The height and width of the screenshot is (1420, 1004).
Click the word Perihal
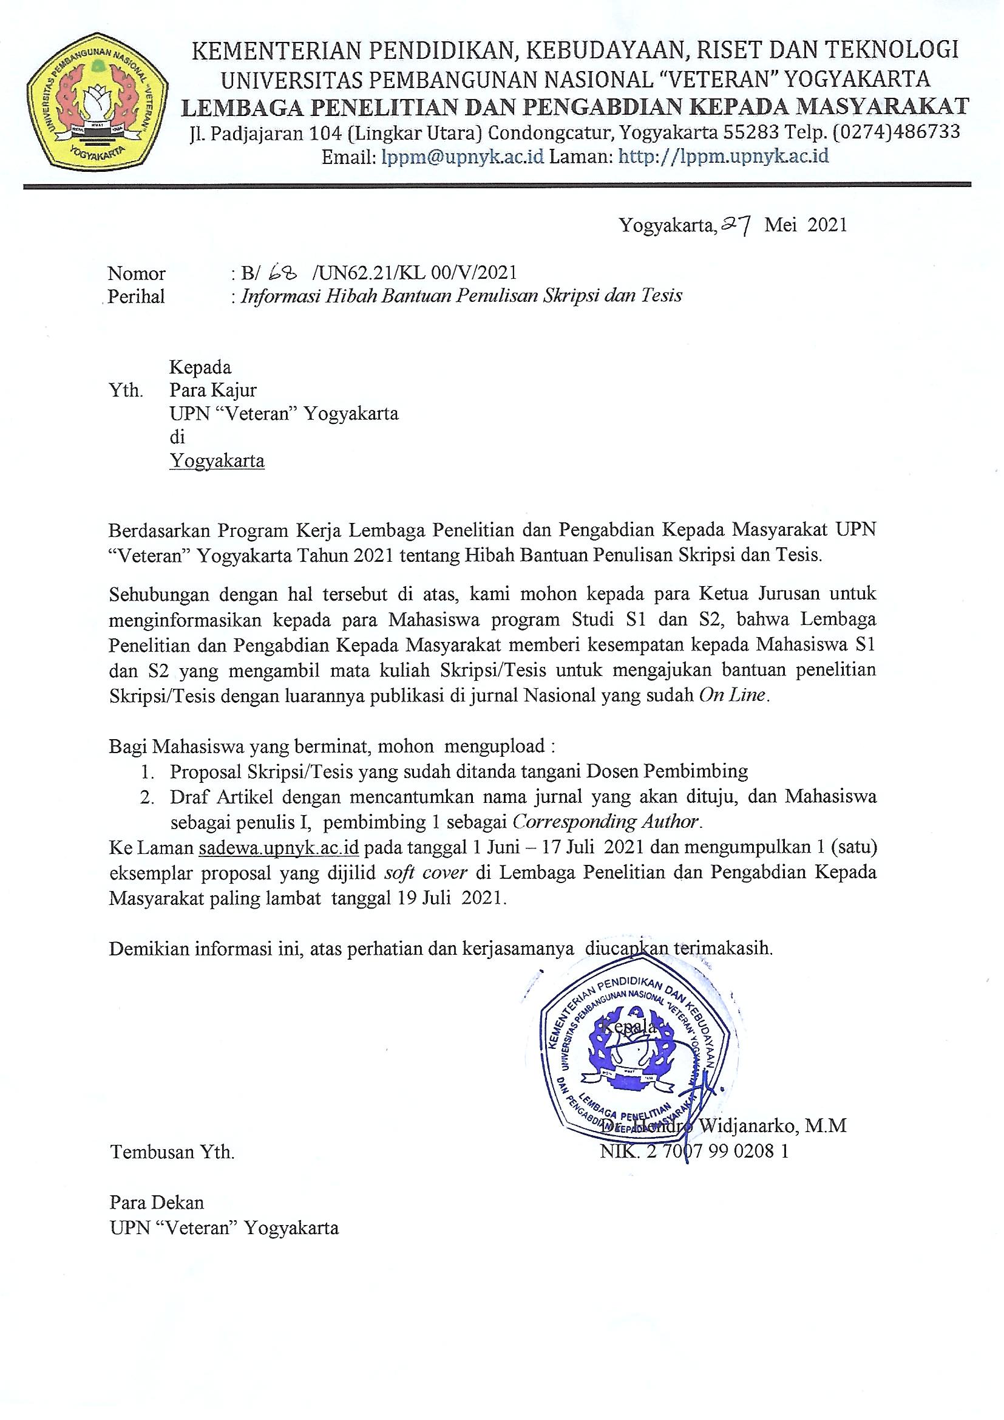click(x=136, y=297)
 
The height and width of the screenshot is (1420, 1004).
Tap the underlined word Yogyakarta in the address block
click(x=217, y=461)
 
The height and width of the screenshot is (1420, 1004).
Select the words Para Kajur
click(x=213, y=391)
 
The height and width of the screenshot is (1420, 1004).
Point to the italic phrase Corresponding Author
click(x=606, y=822)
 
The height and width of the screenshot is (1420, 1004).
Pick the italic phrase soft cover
click(x=426, y=872)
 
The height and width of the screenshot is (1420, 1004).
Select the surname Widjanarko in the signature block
click(x=747, y=1125)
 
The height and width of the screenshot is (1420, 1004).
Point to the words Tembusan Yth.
click(x=172, y=1152)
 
